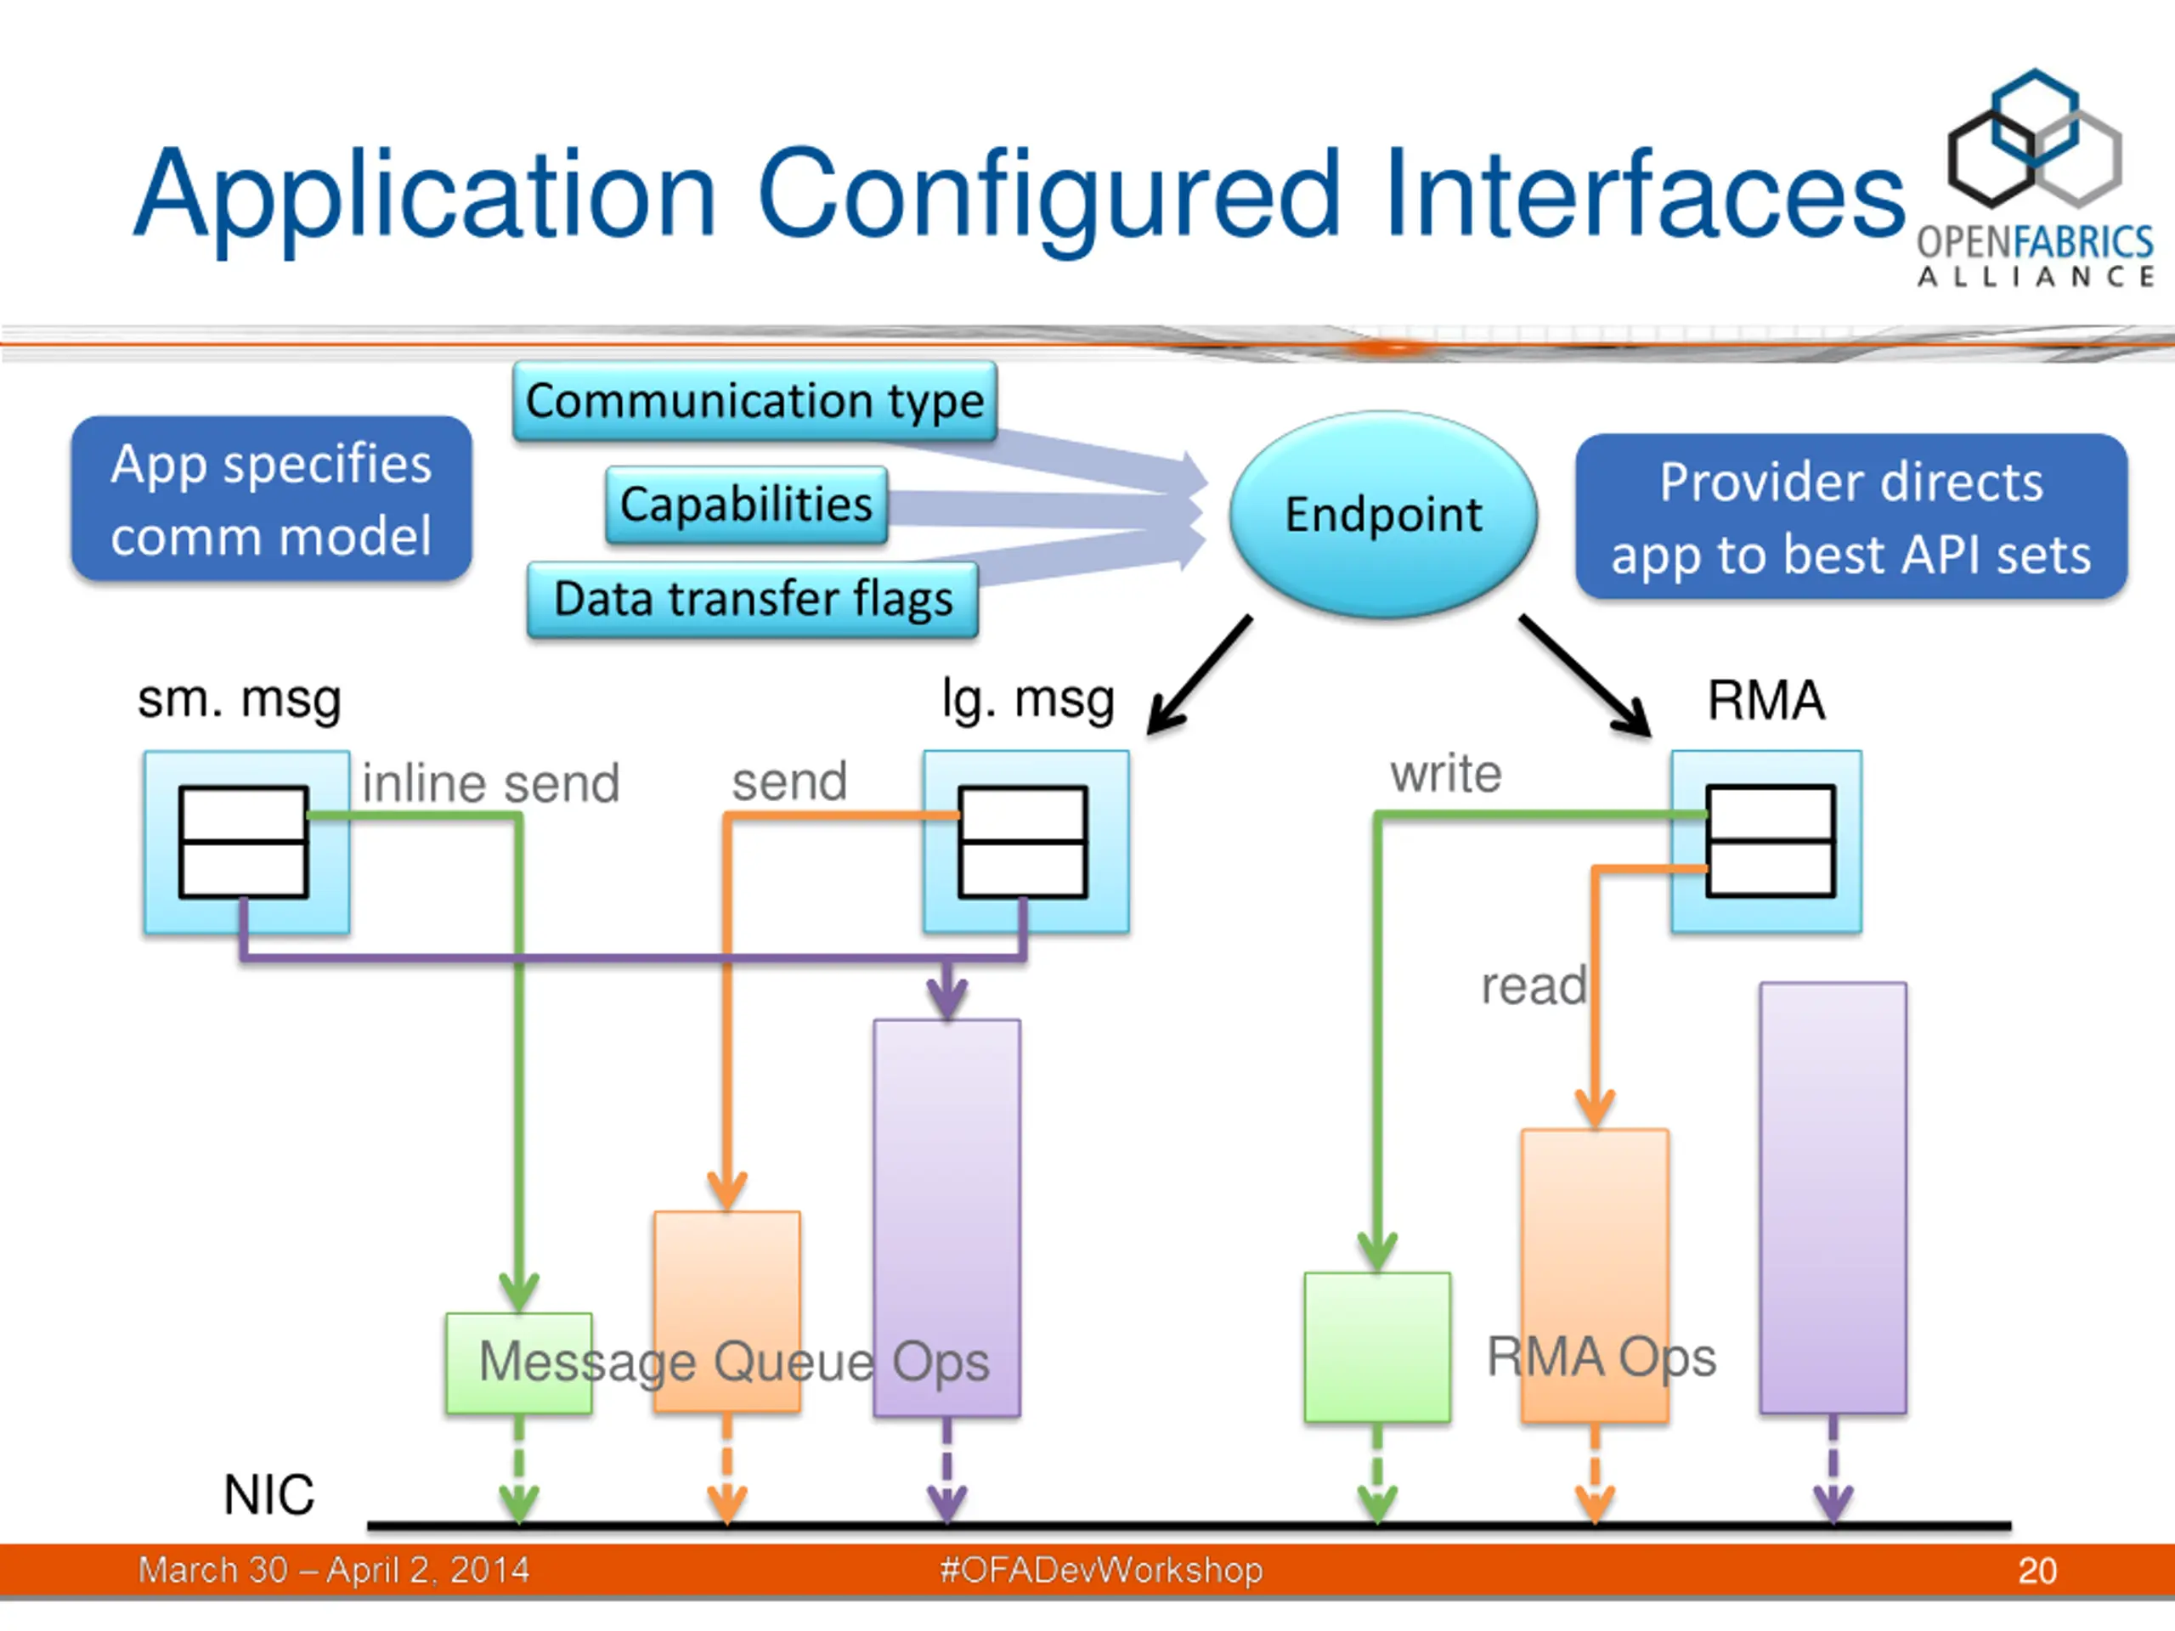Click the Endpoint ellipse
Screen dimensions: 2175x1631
[1383, 514]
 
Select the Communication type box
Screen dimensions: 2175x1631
[754, 400]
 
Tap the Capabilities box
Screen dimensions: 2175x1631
[746, 505]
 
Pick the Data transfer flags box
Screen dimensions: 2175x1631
[752, 599]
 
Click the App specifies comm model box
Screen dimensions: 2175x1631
[271, 499]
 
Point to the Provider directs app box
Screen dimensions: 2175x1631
[1850, 516]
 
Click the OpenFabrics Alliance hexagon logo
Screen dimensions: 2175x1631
[2035, 138]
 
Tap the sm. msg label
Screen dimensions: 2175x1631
[239, 700]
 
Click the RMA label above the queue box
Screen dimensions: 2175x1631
[1766, 700]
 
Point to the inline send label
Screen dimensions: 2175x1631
[491, 783]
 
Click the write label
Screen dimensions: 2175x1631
[1445, 774]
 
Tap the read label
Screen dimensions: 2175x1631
[1534, 985]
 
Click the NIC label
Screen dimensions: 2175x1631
[268, 1494]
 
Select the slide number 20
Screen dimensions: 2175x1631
[2037, 1570]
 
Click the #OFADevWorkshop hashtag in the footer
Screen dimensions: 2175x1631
[1101, 1570]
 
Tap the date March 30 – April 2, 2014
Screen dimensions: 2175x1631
[333, 1570]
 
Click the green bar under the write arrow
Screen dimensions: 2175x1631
[1376, 1347]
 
